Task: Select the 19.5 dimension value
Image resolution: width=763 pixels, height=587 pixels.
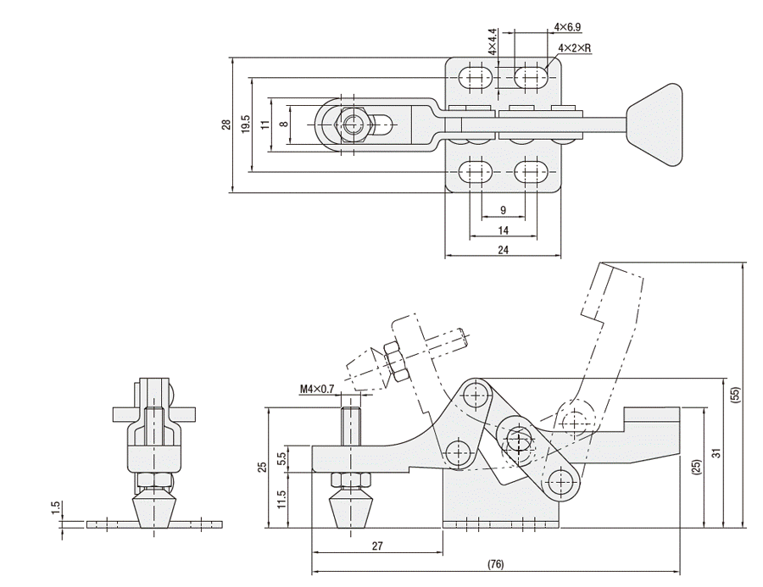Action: coord(245,125)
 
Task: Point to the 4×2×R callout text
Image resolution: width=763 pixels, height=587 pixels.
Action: coord(574,48)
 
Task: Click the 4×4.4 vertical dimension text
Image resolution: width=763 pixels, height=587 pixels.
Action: coord(492,42)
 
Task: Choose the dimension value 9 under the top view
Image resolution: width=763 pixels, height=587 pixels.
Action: coord(503,209)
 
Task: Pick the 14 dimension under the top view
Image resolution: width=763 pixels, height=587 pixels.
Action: coord(503,230)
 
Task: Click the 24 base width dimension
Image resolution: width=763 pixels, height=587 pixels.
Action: coord(503,250)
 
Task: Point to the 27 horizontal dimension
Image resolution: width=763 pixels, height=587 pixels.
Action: coord(376,547)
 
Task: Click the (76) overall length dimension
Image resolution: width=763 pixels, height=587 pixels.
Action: coord(495,564)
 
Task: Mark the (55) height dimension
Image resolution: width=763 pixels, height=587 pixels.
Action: coord(735,394)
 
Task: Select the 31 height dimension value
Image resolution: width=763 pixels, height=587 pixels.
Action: coord(716,454)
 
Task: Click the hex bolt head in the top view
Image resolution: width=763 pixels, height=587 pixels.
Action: coord(353,125)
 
